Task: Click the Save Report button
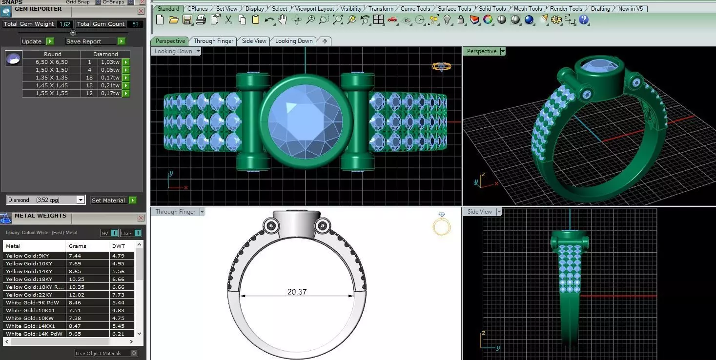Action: coord(90,41)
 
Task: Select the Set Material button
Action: coord(108,200)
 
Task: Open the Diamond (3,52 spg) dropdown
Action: coord(46,200)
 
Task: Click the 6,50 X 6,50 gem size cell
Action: coord(52,62)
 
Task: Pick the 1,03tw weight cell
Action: coord(110,62)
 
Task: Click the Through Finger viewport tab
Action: coord(213,41)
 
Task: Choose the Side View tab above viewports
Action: coord(254,41)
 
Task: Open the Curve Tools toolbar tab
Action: coord(415,8)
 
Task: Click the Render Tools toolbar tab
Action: coord(566,8)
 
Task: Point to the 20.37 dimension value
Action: coord(297,292)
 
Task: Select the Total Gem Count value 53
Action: coord(135,24)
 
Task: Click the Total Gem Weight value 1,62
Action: coord(64,24)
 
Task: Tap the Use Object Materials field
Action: coord(102,353)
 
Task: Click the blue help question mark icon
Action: coord(584,20)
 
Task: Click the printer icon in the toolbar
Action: coord(201,20)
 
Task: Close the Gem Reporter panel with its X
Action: coord(141,11)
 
